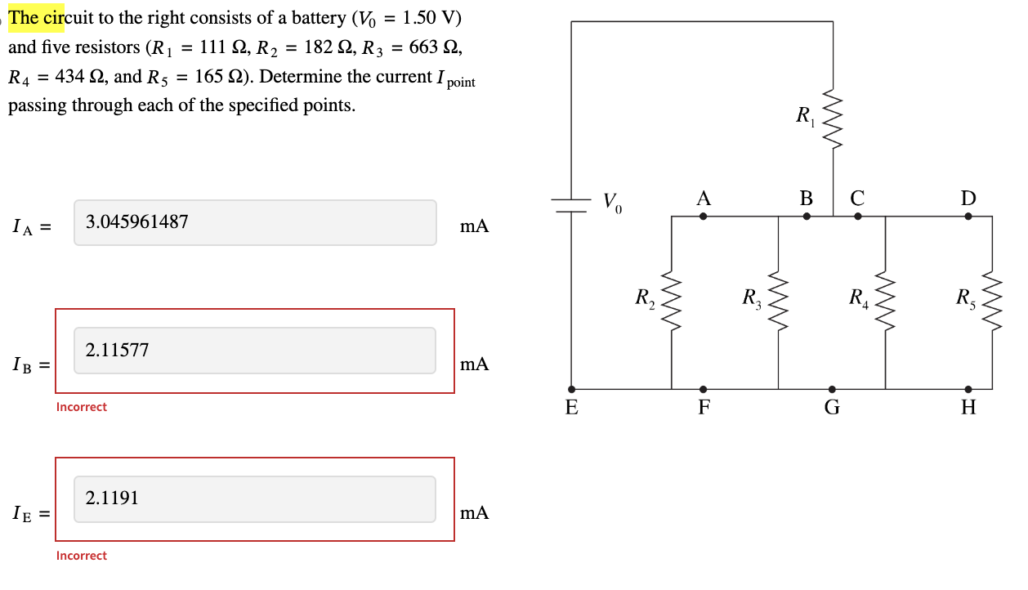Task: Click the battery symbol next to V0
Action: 571,206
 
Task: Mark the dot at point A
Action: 703,217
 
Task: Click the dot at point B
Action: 807,217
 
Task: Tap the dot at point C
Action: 857,217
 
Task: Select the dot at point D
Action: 968,217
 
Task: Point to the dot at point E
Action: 571,389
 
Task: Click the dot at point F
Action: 703,389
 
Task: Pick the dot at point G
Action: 832,389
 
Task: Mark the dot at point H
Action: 968,389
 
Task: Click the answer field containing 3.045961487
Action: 255,222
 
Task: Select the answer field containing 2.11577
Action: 255,351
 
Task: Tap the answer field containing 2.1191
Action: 255,498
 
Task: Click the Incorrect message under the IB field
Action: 82,407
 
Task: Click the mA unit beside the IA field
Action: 474,226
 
